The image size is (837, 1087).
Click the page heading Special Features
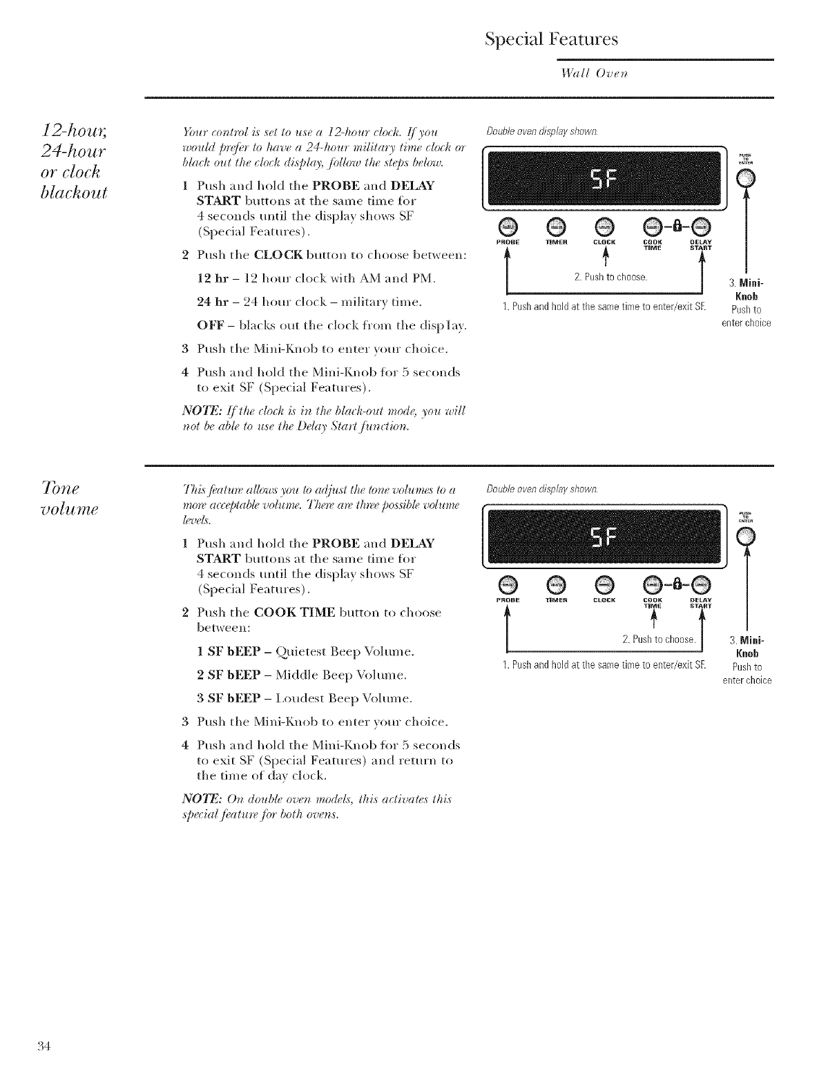coord(551,39)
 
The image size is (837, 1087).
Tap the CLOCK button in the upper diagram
coord(604,226)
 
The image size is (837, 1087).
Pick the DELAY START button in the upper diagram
coord(701,226)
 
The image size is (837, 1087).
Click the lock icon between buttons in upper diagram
coord(677,226)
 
